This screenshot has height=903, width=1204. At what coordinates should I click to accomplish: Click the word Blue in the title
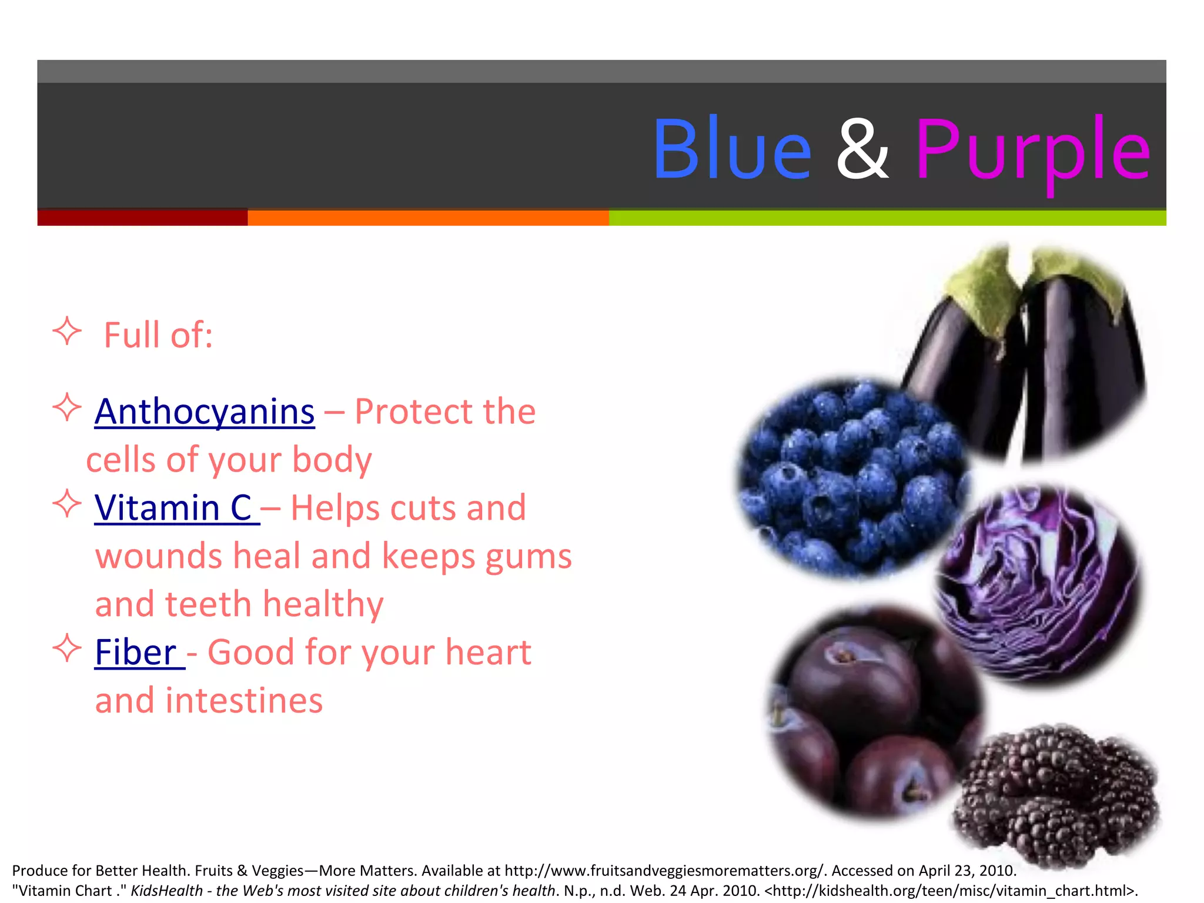pos(732,149)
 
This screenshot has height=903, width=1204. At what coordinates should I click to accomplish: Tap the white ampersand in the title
pos(862,149)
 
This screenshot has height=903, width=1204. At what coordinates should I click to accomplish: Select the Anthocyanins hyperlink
pos(205,412)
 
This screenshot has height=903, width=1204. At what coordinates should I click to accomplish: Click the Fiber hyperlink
pos(137,653)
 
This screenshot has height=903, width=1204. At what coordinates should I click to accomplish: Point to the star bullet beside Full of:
pos(67,332)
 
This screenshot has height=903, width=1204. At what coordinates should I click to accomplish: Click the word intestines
pos(243,701)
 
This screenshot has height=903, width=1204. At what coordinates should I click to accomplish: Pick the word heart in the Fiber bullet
pos(488,653)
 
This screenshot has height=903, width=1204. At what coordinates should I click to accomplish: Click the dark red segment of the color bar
pos(142,218)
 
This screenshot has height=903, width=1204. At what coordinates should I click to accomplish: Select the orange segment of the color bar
pos(428,218)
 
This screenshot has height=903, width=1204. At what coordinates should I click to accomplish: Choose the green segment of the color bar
pos(887,218)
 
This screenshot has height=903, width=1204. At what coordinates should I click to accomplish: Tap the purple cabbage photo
pos(1038,585)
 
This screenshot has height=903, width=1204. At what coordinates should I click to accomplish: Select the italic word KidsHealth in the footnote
pos(166,891)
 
